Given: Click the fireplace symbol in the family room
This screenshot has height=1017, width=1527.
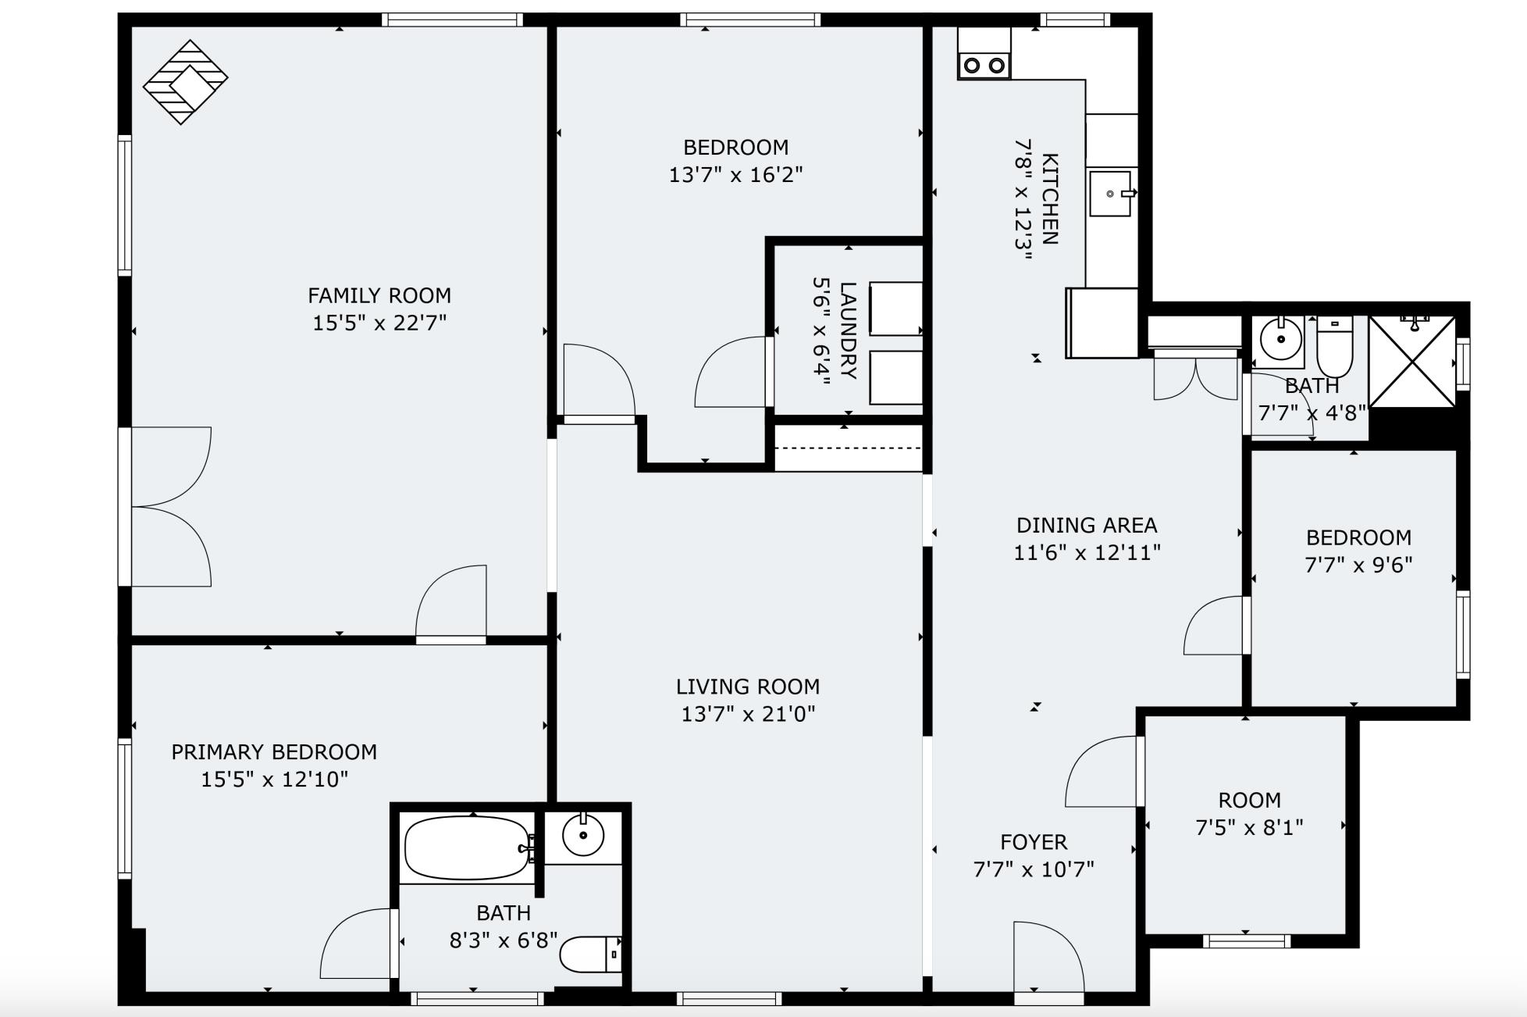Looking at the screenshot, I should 185,82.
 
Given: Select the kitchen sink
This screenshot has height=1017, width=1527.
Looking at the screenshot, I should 1110,194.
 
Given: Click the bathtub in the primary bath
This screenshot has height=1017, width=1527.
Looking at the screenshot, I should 467,848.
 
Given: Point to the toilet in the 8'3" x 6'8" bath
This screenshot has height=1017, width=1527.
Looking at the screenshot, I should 589,954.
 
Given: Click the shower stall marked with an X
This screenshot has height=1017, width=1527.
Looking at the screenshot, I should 1412,362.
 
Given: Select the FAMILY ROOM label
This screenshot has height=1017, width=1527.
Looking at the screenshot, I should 379,295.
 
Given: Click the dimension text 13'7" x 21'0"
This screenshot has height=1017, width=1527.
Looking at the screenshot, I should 748,713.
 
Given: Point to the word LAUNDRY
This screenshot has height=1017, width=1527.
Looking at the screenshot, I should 848,330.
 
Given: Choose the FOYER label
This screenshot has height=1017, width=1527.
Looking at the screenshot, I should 1034,842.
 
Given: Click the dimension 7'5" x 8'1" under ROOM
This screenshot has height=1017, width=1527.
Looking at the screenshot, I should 1249,827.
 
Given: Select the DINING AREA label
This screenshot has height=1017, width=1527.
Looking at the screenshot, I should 1087,525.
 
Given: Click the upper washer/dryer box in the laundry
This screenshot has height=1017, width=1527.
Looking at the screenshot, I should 895,309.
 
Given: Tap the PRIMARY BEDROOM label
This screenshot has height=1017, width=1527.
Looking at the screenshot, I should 274,752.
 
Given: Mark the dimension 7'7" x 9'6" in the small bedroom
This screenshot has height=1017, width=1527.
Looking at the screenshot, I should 1358,565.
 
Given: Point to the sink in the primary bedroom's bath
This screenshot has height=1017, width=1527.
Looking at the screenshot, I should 583,835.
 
